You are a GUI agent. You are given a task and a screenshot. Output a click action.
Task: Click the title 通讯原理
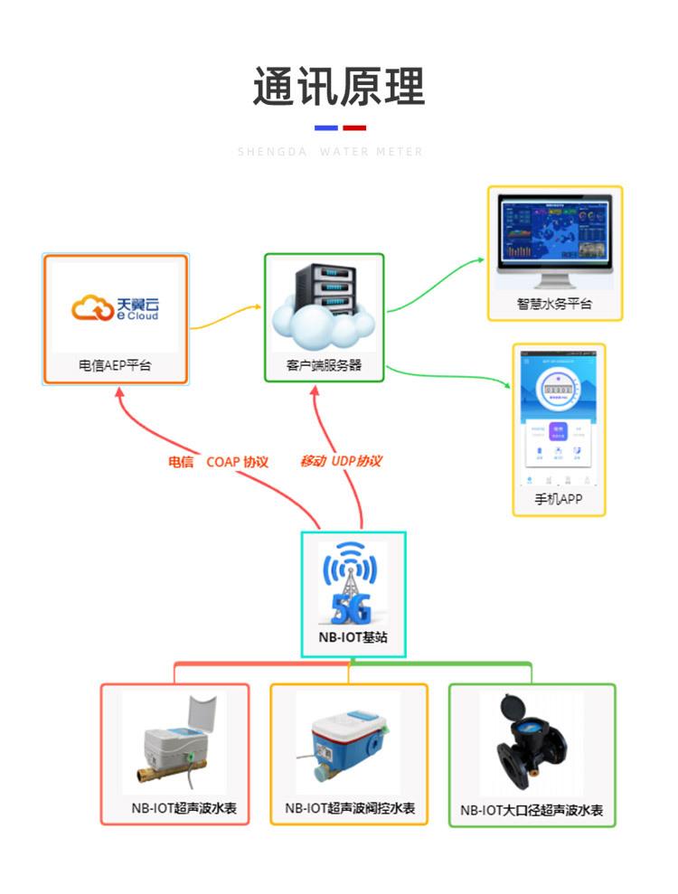[x=338, y=88]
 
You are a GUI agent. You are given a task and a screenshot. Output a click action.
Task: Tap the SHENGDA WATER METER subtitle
[x=330, y=152]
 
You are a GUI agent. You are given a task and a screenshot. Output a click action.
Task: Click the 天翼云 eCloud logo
[x=115, y=309]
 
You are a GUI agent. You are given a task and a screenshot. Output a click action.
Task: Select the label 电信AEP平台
[x=115, y=367]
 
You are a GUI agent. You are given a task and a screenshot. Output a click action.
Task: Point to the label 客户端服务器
[x=325, y=367]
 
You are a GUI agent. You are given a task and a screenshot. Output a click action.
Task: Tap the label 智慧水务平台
[x=555, y=305]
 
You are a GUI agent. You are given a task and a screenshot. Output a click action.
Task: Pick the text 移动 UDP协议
[x=341, y=462]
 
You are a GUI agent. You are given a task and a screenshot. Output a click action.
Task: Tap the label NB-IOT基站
[x=353, y=637]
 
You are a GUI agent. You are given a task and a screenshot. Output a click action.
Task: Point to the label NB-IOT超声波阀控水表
[x=350, y=808]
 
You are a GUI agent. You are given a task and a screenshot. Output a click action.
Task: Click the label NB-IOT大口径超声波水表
[x=532, y=811]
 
